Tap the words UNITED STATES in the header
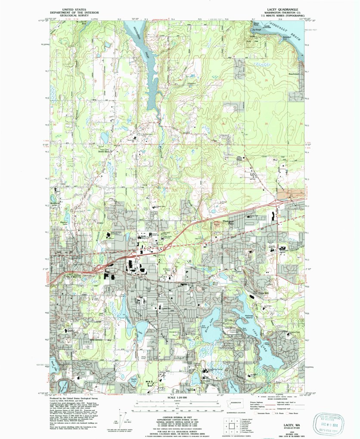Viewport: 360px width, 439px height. (74, 8)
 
